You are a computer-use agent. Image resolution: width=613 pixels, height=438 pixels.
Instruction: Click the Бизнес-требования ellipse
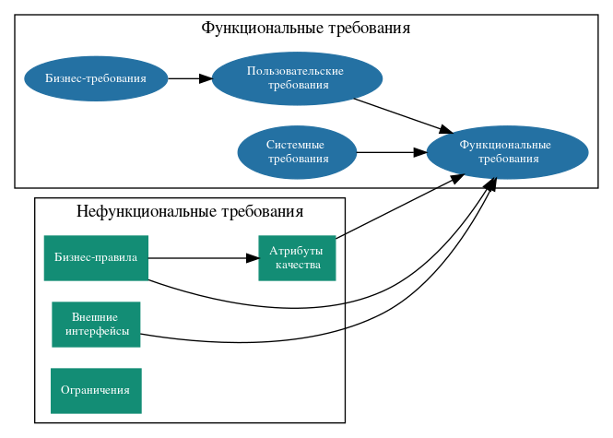pyautogui.click(x=96, y=78)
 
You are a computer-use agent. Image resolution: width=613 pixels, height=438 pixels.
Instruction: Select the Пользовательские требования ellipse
pyautogui.click(x=297, y=78)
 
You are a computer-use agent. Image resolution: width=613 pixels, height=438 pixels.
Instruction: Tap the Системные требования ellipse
pyautogui.click(x=297, y=152)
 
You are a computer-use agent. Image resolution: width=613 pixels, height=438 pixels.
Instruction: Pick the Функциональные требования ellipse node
pyautogui.click(x=507, y=152)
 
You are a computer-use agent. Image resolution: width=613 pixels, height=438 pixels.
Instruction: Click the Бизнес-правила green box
pyautogui.click(x=96, y=258)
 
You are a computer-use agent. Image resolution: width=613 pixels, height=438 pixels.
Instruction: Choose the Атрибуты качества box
pyautogui.click(x=297, y=258)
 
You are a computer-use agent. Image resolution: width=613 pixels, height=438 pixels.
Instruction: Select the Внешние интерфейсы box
pyautogui.click(x=96, y=325)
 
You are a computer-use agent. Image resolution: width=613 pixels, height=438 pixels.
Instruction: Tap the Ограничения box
pyautogui.click(x=96, y=391)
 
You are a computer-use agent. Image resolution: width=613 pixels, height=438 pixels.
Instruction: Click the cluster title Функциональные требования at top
pyautogui.click(x=305, y=28)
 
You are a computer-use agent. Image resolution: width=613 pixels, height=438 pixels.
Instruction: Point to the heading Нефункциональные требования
pyautogui.click(x=190, y=212)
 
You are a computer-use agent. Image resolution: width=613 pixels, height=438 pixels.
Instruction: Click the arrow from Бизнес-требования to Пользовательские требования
pyautogui.click(x=190, y=78)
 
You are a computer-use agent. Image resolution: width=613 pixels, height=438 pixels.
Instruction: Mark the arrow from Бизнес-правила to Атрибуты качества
pyautogui.click(x=203, y=258)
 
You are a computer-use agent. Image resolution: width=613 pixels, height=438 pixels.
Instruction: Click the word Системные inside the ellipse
pyautogui.click(x=295, y=145)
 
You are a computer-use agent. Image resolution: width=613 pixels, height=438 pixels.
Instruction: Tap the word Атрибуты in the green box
pyautogui.click(x=296, y=251)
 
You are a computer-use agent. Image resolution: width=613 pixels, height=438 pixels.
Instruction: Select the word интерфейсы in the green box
pyautogui.click(x=97, y=332)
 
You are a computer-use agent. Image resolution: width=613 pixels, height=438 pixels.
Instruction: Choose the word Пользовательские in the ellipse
pyautogui.click(x=296, y=71)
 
